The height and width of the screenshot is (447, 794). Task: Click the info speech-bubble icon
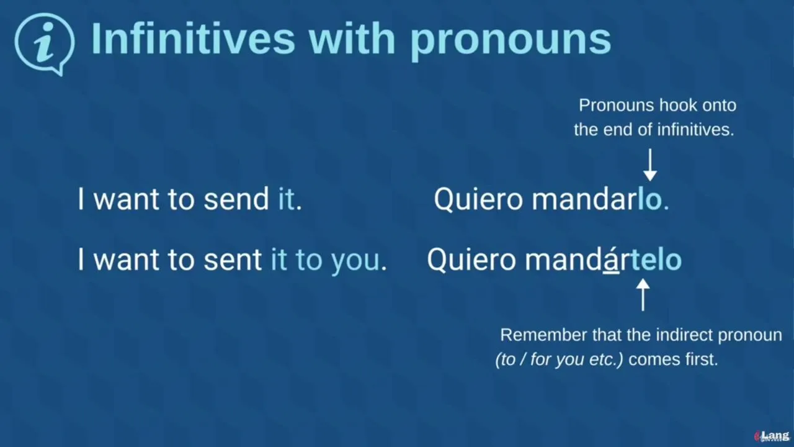[44, 43]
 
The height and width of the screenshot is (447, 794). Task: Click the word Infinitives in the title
[193, 38]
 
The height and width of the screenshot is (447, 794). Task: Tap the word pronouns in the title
[511, 42]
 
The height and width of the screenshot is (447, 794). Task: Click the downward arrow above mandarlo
[649, 165]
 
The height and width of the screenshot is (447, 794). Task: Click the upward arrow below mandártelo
[643, 295]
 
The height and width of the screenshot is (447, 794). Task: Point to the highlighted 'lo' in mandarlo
[649, 199]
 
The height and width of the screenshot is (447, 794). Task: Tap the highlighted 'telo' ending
[656, 260]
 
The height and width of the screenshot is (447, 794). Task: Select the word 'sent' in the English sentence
[233, 260]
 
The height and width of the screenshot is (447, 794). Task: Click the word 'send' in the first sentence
[236, 199]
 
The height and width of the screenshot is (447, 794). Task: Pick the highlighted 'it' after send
[287, 199]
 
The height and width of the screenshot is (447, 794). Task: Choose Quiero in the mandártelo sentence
[471, 260]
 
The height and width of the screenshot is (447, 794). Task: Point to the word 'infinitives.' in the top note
[695, 130]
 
